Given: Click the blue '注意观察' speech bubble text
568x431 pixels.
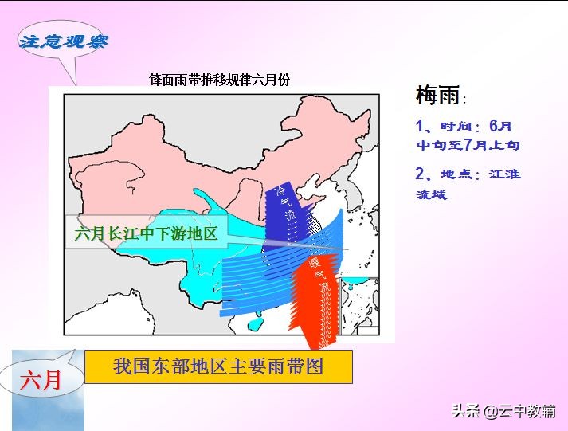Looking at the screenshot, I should [x=63, y=41].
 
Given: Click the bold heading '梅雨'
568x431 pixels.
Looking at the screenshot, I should [x=437, y=96].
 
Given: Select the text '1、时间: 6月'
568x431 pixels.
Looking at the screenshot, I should [x=464, y=126].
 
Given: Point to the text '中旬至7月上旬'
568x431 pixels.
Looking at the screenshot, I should [x=468, y=145].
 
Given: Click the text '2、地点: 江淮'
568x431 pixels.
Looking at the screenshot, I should [x=468, y=174].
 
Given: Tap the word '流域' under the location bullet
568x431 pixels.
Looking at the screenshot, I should [x=431, y=194].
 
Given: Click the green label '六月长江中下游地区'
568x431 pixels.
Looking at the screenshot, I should [x=146, y=234].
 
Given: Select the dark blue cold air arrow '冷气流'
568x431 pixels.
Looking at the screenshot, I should [x=280, y=211].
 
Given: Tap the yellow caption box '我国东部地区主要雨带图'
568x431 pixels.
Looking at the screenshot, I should [x=220, y=366].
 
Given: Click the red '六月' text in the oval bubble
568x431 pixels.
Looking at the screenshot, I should [x=41, y=380].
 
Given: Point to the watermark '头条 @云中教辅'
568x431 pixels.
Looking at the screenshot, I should [x=504, y=411].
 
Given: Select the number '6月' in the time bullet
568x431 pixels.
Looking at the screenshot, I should [x=500, y=126].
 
